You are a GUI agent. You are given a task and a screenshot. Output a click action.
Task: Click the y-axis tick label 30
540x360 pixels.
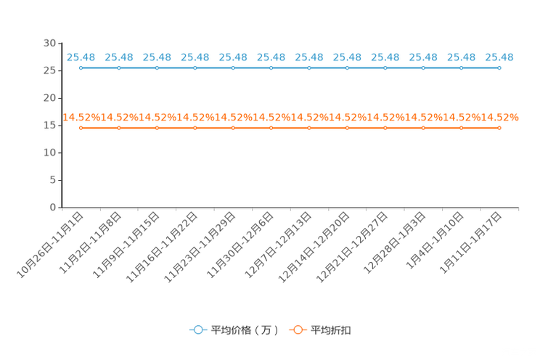tap(49, 43)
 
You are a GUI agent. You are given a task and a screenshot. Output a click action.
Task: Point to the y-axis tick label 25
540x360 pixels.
tap(49, 70)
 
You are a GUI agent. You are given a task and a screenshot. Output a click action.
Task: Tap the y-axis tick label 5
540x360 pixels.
tap(53, 180)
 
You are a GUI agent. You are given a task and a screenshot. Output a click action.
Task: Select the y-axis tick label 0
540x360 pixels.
tap(53, 208)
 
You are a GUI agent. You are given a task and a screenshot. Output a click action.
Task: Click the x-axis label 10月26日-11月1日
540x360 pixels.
tap(50, 245)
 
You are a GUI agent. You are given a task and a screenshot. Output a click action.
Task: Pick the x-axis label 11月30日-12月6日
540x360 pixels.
tap(240, 245)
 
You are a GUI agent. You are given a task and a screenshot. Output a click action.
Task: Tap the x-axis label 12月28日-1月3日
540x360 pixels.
tap(395, 243)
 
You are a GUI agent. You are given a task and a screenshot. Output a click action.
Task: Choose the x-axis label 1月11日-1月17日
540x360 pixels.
tap(471, 243)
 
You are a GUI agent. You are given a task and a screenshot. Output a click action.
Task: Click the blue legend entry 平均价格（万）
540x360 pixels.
tap(234, 330)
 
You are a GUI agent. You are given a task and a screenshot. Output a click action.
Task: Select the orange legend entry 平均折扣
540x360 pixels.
tap(320, 330)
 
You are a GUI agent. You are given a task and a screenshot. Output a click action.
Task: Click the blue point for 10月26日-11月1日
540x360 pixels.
tap(81, 68)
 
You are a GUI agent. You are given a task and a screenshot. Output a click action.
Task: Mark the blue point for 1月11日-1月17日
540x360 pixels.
tap(499, 68)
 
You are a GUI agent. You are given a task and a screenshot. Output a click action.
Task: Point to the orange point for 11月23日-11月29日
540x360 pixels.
tap(233, 128)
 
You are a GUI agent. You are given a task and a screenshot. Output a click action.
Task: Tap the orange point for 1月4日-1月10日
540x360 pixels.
tap(462, 128)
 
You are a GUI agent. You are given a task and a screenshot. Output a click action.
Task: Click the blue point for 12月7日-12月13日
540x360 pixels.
tap(309, 68)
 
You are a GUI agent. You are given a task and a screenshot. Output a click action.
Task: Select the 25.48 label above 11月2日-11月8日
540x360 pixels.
tap(119, 57)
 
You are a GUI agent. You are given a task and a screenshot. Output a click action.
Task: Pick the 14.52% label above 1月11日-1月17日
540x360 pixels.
tap(499, 118)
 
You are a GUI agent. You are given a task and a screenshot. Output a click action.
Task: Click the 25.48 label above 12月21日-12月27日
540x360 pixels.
tap(385, 57)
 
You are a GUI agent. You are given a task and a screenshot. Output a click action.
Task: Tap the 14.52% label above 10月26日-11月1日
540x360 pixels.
tap(81, 118)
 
